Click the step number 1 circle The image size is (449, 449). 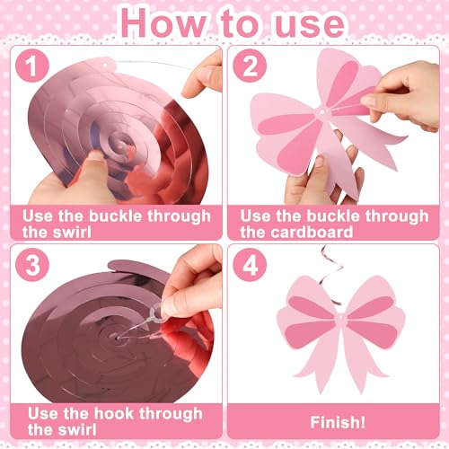coord(32,66)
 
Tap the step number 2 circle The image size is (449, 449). coord(250,66)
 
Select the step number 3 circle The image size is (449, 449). coord(32,265)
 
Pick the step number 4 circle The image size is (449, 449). coord(250,265)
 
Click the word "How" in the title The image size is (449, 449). coord(163,23)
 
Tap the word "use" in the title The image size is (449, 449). coord(310,24)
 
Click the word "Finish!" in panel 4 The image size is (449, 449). coord(338,422)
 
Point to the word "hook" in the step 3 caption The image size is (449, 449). coord(114,413)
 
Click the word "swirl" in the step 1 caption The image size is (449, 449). coord(71,232)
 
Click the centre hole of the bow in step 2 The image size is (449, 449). coord(322,112)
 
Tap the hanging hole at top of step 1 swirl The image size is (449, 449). coord(104,65)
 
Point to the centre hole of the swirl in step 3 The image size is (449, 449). coord(119,338)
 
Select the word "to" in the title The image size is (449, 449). coord(241,23)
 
